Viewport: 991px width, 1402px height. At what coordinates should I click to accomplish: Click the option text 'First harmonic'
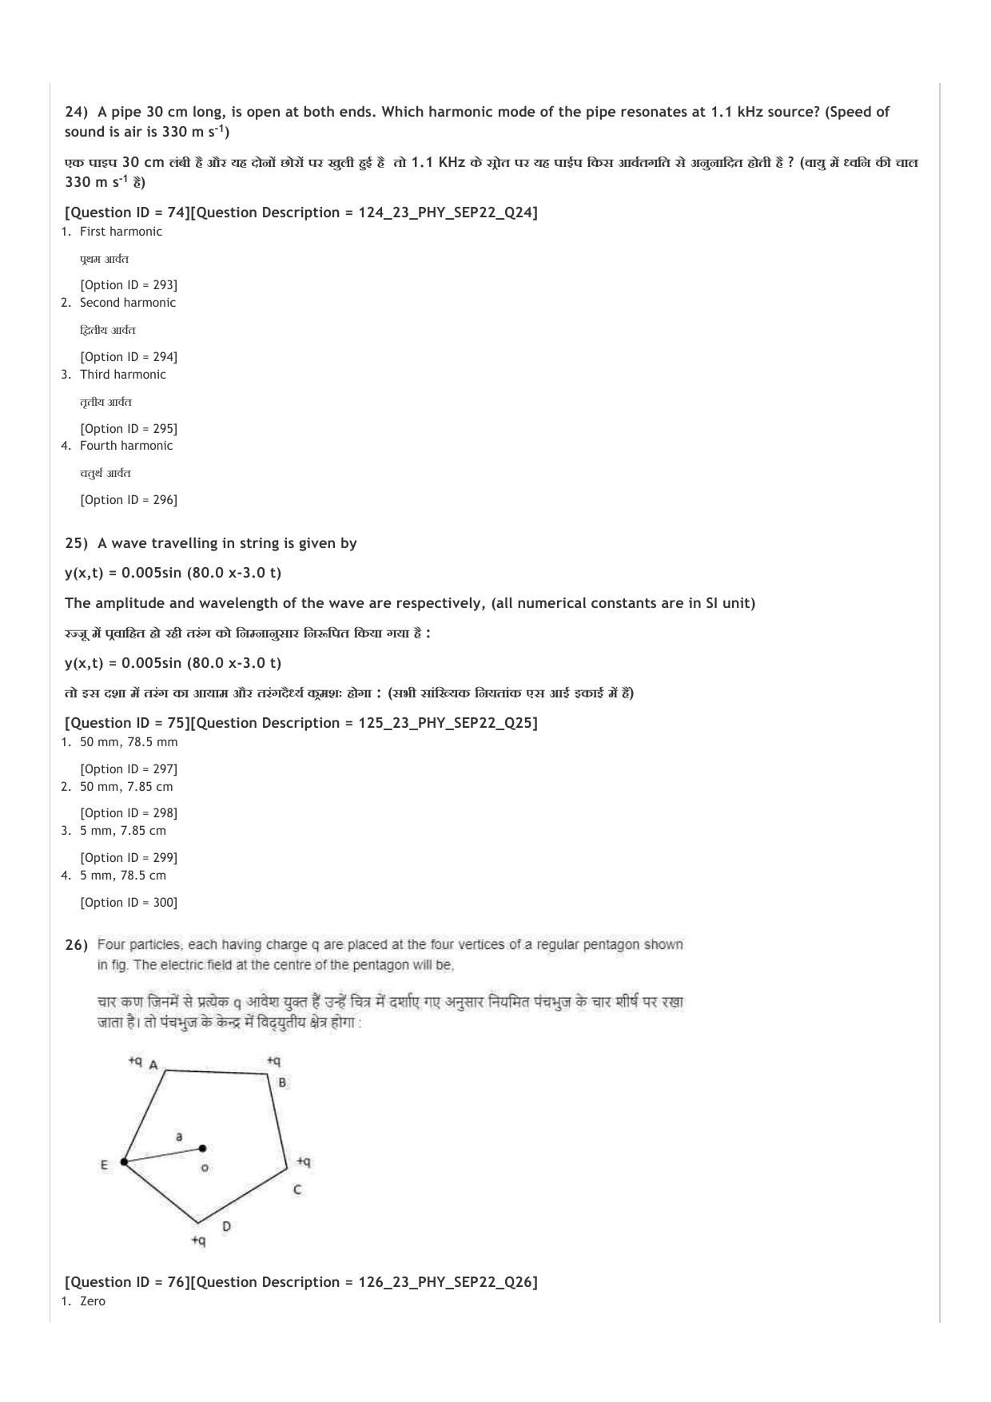pos(121,232)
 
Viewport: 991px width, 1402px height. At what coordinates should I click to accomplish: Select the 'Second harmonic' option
pos(127,303)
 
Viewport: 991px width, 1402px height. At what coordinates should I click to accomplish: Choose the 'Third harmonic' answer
pos(122,375)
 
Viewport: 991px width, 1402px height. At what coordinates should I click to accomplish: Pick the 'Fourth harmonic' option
pos(125,446)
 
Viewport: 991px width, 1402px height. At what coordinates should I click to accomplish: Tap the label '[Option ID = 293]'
pos(128,285)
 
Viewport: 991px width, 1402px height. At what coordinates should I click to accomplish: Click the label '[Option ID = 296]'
pos(128,500)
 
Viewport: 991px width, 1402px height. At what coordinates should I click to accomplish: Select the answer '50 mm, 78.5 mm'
pos(128,742)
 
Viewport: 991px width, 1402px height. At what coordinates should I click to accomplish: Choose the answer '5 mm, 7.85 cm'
pos(122,831)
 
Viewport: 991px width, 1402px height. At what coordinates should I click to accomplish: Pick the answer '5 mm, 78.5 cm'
pos(122,876)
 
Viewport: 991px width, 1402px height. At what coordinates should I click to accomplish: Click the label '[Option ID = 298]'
pos(128,813)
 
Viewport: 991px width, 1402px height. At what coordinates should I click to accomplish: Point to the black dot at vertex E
pos(124,1162)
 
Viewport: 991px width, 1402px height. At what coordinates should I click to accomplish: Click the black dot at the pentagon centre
pos(202,1149)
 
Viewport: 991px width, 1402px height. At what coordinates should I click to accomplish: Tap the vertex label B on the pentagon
pos(282,1083)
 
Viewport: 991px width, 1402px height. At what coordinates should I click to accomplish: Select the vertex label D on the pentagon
pos(226,1226)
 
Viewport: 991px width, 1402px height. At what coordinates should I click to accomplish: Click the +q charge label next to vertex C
pos(304,1161)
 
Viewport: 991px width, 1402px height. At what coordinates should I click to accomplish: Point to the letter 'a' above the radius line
pos(179,1136)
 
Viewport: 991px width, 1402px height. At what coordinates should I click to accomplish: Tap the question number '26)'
pos(76,946)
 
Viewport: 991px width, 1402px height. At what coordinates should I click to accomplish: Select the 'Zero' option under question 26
pos(92,1301)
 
